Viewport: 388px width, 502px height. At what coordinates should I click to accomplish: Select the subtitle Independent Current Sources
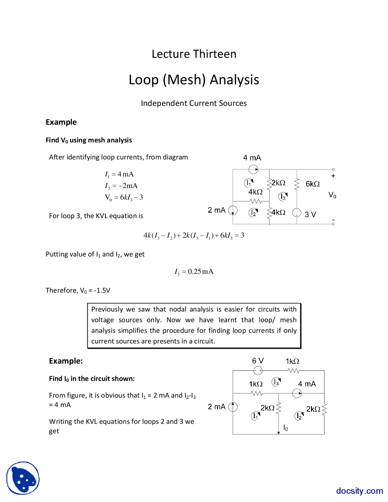point(194,103)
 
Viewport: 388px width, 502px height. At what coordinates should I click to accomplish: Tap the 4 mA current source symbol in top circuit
point(253,169)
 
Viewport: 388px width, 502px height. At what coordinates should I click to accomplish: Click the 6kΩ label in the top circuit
point(313,184)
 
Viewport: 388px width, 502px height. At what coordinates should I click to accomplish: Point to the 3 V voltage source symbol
point(296,213)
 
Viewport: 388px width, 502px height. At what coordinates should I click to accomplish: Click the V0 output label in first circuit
point(332,195)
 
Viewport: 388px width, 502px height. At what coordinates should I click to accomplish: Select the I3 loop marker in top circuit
point(283,197)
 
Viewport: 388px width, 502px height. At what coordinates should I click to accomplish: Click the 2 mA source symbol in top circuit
point(232,210)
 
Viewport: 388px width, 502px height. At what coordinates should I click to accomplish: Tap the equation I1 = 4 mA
point(119,174)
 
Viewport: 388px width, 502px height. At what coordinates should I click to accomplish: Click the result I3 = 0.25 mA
point(194,272)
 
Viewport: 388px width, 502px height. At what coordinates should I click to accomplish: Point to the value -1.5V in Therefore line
point(102,290)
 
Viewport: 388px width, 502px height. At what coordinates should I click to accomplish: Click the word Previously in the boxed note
point(107,309)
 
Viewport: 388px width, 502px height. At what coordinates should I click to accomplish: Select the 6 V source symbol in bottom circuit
point(258,370)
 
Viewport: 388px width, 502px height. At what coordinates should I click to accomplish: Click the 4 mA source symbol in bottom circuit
point(297,393)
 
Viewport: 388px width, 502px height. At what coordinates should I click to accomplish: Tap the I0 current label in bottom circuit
point(286,427)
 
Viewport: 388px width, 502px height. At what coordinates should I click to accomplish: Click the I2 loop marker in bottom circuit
point(299,416)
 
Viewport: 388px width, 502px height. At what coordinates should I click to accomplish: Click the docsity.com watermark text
point(359,490)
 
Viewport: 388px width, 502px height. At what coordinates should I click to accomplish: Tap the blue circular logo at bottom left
point(23,478)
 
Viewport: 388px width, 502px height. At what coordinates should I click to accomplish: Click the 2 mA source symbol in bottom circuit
point(232,407)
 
